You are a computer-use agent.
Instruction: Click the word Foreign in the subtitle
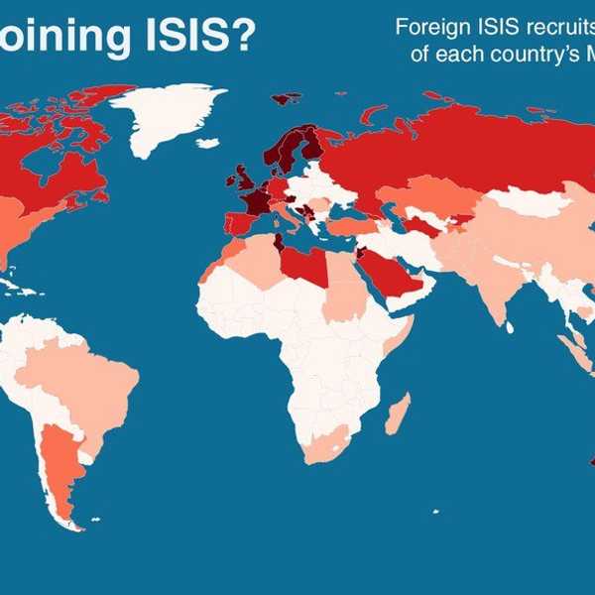coord(429,27)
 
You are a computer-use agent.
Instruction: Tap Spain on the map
coord(240,220)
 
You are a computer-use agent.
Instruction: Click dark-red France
coord(256,198)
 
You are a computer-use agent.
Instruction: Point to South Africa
coord(327,446)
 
